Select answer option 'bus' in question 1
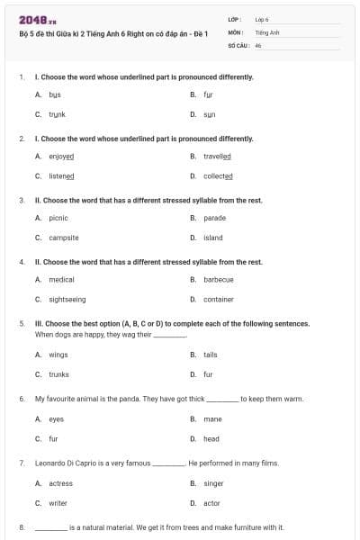point(55,94)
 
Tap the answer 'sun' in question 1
point(209,114)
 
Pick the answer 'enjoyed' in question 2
point(61,156)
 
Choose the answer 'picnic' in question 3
point(58,218)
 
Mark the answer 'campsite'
point(64,238)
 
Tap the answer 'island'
point(213,238)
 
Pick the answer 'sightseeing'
point(67,299)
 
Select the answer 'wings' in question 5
point(58,355)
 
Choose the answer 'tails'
point(211,355)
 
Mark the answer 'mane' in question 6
point(212,418)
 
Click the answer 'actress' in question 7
point(60,483)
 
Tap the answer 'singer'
point(213,483)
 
